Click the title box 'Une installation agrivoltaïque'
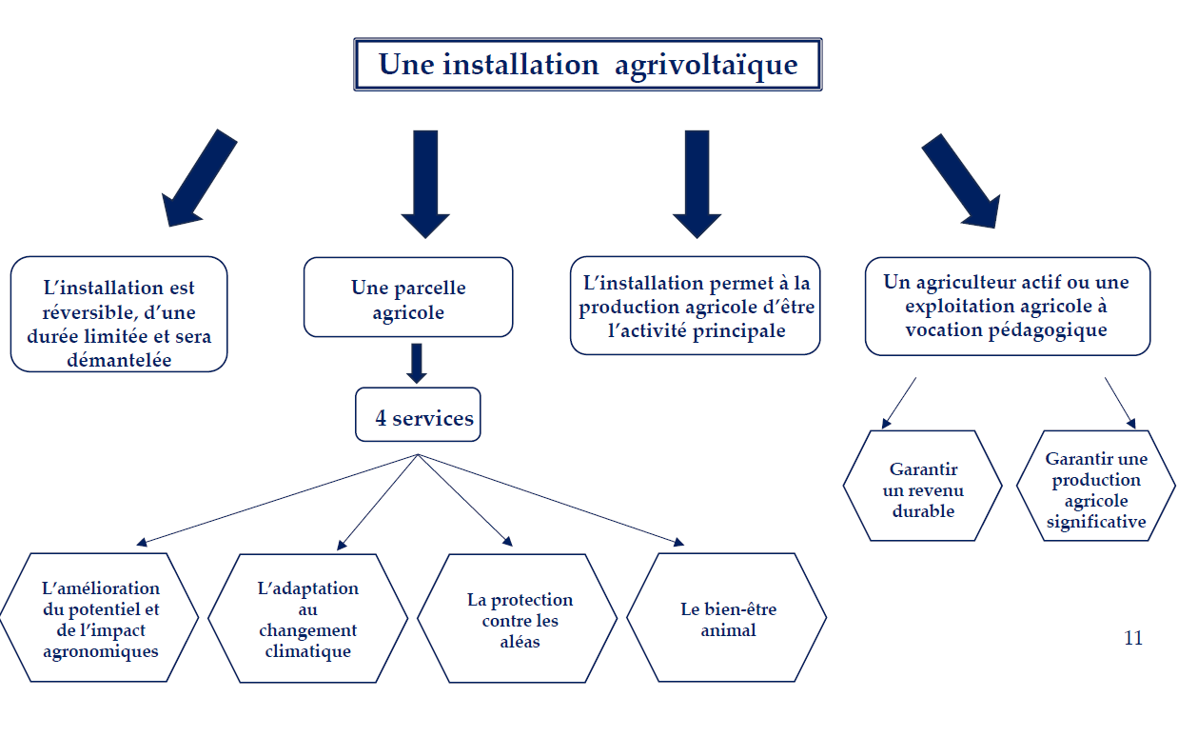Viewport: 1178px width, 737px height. (587, 65)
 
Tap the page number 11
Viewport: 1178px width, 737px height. (1132, 638)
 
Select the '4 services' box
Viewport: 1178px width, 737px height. (418, 415)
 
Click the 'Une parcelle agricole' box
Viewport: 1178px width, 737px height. (408, 297)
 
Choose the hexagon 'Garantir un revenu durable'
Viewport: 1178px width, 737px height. (922, 487)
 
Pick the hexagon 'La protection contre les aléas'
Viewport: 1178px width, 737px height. (519, 619)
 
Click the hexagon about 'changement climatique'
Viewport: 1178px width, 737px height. (307, 619)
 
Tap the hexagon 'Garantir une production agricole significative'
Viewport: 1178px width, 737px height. (1096, 487)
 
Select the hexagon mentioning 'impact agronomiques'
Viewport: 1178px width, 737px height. (100, 619)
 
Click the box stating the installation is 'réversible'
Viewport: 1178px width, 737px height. (120, 313)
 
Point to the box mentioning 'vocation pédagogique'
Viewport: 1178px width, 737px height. (1007, 306)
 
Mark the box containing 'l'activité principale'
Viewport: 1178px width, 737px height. (696, 306)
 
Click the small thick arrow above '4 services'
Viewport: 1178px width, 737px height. (416, 363)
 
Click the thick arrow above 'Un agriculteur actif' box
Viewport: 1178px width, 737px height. (962, 180)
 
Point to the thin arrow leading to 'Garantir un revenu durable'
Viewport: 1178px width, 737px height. (899, 403)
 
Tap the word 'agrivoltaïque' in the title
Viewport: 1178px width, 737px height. (705, 65)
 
